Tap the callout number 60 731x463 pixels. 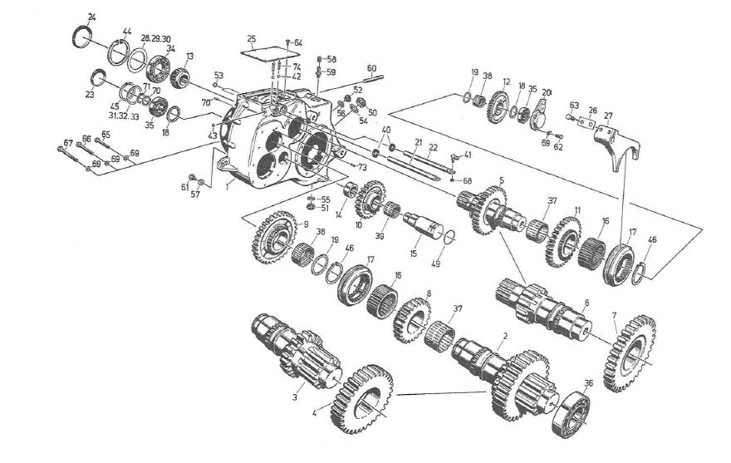(371, 67)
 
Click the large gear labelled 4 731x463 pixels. (362, 399)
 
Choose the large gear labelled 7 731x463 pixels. (630, 352)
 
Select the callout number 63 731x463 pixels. (573, 105)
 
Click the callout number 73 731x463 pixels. (363, 168)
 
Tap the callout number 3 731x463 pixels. (294, 398)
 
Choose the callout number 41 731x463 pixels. (468, 155)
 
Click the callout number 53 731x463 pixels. (218, 75)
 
